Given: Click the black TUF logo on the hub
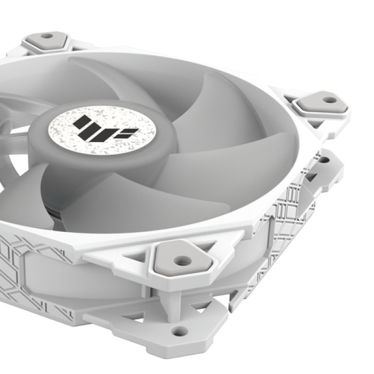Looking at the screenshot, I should (x=102, y=128).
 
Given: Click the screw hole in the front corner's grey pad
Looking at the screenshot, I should (x=183, y=261).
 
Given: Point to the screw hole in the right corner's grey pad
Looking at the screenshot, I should (x=330, y=99).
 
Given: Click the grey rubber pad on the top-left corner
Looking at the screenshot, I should (x=47, y=39).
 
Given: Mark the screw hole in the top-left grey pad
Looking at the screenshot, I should (x=46, y=36).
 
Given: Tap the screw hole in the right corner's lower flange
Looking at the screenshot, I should (x=324, y=160).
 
